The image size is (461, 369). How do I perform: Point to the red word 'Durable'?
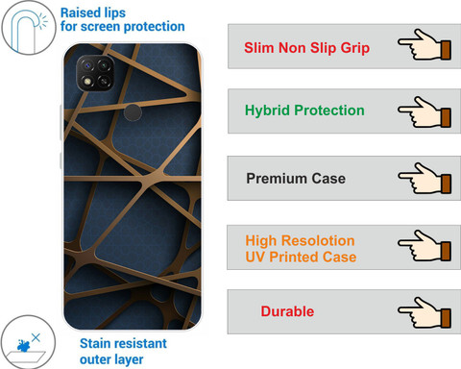coord(287,311)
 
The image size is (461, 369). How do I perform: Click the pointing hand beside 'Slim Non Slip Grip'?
coord(425,44)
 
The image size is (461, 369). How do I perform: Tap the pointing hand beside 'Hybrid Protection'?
coord(425,111)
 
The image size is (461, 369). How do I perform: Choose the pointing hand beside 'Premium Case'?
coord(425,178)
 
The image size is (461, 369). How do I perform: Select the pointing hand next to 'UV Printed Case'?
coord(425,245)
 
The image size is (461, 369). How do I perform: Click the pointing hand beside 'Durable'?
coord(425,312)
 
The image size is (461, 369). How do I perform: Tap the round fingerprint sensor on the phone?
coord(133,112)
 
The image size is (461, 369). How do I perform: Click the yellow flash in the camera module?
coord(87,81)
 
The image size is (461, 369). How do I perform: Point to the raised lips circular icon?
coord(29,28)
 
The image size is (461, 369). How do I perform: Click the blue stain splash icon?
coord(24,346)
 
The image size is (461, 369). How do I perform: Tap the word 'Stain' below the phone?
coord(96,343)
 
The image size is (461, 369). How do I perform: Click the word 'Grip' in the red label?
coord(355,48)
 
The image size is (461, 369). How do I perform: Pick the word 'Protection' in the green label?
coord(329,111)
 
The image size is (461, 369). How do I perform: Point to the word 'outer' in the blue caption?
coord(95,359)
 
